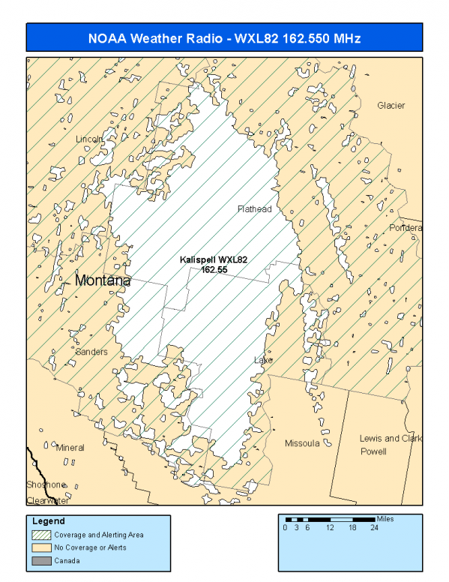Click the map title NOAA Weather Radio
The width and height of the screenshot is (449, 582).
point(224,38)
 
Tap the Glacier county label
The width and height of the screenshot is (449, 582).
point(391,106)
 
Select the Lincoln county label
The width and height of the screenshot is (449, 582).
point(89,139)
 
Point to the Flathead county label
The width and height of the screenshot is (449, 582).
point(254,209)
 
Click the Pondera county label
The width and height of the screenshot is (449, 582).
point(405,228)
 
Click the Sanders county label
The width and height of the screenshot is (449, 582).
point(91,351)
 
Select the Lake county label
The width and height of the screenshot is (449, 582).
point(262,361)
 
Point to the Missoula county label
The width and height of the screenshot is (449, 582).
point(302,443)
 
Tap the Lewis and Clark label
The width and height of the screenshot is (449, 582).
point(389,438)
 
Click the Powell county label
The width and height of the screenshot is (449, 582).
point(373,452)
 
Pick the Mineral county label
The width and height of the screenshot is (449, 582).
point(70,448)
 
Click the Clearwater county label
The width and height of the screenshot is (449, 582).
point(47,500)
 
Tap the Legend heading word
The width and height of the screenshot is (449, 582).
point(49,521)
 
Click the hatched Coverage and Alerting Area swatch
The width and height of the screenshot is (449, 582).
point(43,535)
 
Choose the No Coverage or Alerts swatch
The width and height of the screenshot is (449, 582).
point(43,547)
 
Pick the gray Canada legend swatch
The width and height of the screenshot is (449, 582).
point(43,560)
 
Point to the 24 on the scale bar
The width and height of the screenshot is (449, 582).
point(374,528)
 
